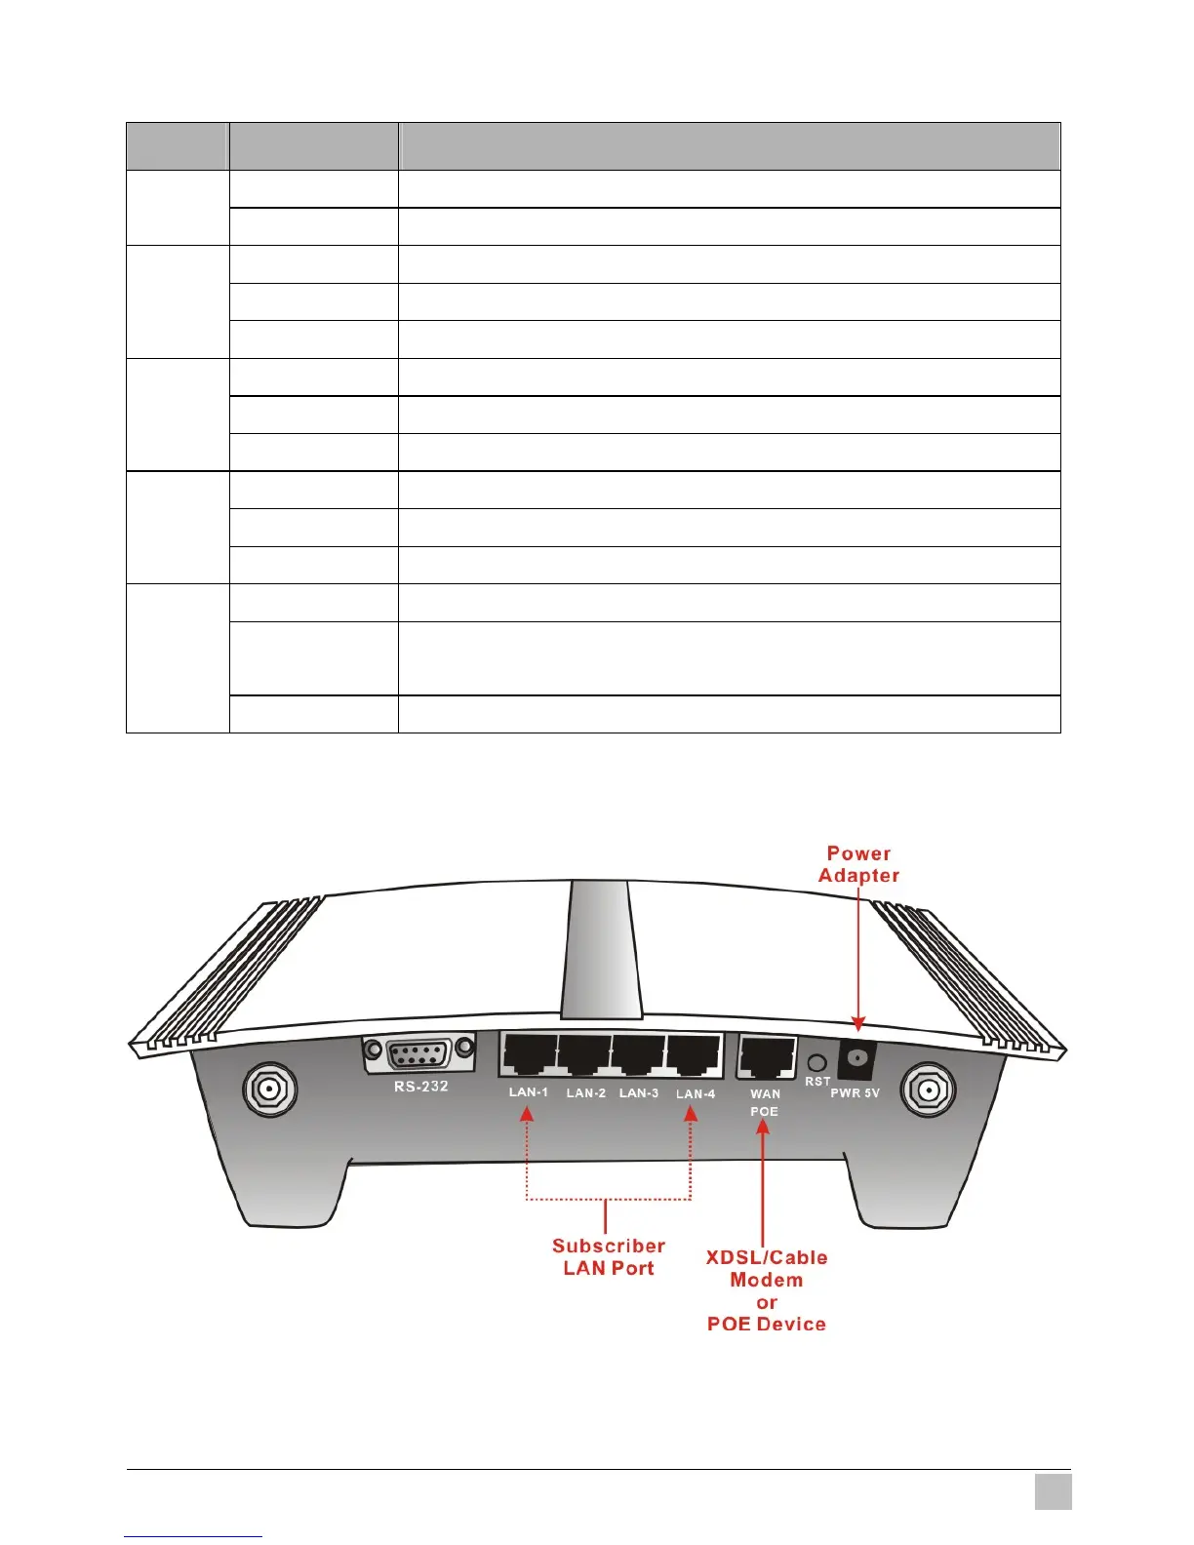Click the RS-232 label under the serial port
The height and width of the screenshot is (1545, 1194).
[421, 1087]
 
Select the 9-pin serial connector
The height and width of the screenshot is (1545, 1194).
[419, 1053]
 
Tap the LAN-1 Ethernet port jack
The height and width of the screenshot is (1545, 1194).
[530, 1055]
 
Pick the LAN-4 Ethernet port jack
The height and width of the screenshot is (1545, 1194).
[694, 1055]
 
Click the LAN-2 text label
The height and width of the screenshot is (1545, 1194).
[585, 1093]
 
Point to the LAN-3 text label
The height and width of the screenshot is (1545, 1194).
[639, 1093]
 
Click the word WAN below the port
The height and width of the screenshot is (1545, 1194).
[765, 1094]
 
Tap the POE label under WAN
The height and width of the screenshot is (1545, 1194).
[764, 1112]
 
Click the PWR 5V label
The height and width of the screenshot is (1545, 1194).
[855, 1093]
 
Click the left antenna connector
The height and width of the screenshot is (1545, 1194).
[269, 1089]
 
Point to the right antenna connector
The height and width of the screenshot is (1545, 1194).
[929, 1089]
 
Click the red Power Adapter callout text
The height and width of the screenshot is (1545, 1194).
[858, 864]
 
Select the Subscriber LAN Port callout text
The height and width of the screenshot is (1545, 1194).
[608, 1257]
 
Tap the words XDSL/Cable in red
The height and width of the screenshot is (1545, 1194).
[767, 1258]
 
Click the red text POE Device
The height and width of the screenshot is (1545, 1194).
[767, 1325]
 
